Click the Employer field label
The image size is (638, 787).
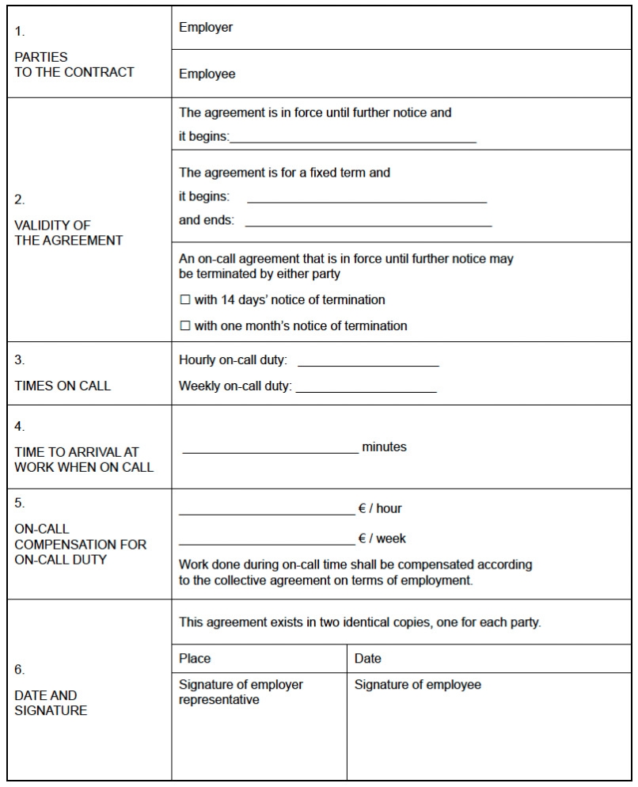(x=206, y=28)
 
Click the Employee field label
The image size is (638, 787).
(x=207, y=74)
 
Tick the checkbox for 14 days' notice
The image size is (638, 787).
(x=185, y=300)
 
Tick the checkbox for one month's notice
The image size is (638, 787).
(x=185, y=325)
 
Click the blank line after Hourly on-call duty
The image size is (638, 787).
(x=368, y=365)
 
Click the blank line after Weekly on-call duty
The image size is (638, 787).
(x=366, y=390)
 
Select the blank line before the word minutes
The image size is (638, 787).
(x=270, y=451)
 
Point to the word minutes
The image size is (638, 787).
(x=384, y=447)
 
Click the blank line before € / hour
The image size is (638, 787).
(x=268, y=513)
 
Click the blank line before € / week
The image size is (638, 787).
(x=268, y=543)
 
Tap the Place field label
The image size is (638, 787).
(x=195, y=659)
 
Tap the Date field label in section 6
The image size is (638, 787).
(x=368, y=659)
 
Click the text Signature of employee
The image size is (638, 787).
(x=417, y=685)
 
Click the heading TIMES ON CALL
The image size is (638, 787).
(x=63, y=386)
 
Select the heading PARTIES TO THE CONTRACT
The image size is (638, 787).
(x=74, y=65)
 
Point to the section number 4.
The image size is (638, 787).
(x=20, y=427)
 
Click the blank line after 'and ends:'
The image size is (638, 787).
(x=368, y=225)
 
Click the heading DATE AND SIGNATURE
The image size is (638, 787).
(x=51, y=703)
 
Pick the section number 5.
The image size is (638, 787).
(x=20, y=503)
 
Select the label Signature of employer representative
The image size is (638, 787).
(x=241, y=692)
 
